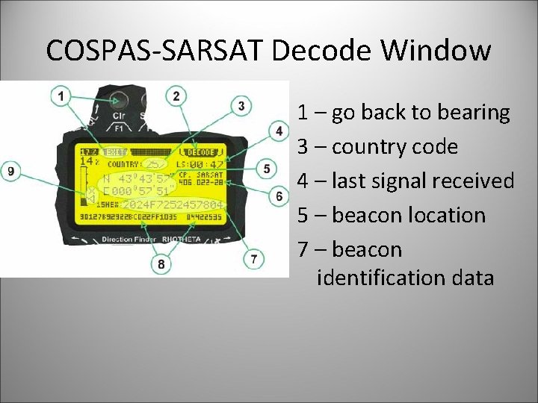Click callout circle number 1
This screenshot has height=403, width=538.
(61, 96)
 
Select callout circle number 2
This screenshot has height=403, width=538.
(176, 96)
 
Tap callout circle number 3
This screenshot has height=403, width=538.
(241, 106)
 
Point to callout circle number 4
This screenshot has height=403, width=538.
(279, 132)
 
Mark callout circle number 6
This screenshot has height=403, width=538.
(279, 196)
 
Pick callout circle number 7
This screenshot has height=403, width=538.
(254, 258)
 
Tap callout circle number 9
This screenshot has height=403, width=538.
(10, 171)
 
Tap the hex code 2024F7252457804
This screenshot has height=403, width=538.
(171, 204)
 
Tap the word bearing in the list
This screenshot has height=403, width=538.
(474, 113)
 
